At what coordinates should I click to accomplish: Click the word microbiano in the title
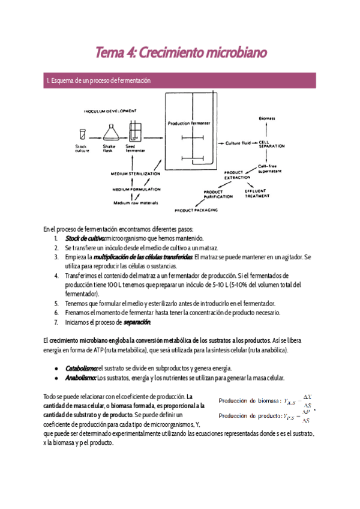pyautogui.click(x=235, y=53)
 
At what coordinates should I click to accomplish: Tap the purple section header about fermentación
pyautogui.click(x=180, y=80)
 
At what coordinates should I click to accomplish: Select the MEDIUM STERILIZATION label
pyautogui.click(x=136, y=173)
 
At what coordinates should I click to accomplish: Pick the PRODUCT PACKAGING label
pyautogui.click(x=196, y=211)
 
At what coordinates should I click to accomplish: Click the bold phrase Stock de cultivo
pyautogui.click(x=84, y=238)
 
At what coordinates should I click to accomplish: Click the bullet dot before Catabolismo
pyautogui.click(x=56, y=368)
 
